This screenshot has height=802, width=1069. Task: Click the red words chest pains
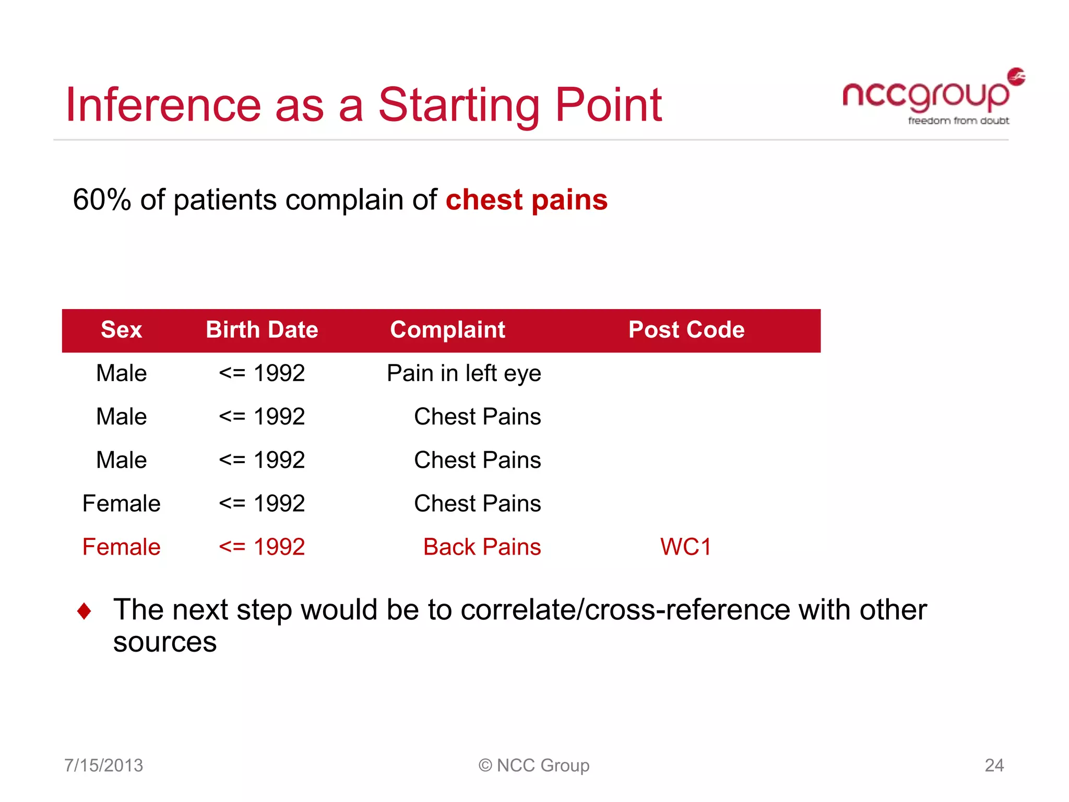pyautogui.click(x=526, y=200)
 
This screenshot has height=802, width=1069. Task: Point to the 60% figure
pyautogui.click(x=102, y=200)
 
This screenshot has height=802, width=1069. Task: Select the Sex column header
pyautogui.click(x=121, y=330)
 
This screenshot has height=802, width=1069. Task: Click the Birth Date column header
pyautogui.click(x=262, y=330)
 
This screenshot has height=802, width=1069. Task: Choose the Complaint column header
pyautogui.click(x=447, y=330)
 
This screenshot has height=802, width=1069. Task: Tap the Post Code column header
pyautogui.click(x=686, y=330)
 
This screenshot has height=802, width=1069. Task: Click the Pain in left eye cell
pyautogui.click(x=464, y=373)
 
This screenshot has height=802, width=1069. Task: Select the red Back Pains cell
pyautogui.click(x=482, y=547)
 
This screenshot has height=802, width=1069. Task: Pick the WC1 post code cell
pyautogui.click(x=685, y=547)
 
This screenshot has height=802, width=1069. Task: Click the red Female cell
pyautogui.click(x=121, y=547)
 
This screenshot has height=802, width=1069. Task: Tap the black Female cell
pyautogui.click(x=121, y=504)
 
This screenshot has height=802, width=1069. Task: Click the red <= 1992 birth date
pyautogui.click(x=262, y=547)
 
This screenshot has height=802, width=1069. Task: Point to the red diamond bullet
pyautogui.click(x=84, y=610)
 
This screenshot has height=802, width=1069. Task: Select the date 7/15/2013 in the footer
pyautogui.click(x=103, y=765)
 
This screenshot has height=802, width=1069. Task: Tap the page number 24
pyautogui.click(x=994, y=765)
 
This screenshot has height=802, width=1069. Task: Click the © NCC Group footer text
pyautogui.click(x=534, y=765)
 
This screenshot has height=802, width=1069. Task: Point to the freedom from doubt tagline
pyautogui.click(x=958, y=121)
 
